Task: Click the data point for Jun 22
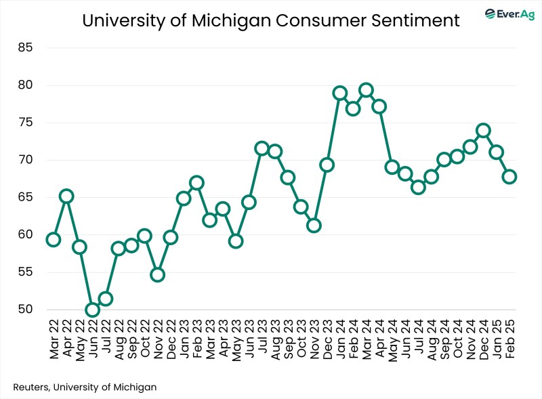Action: tap(92, 310)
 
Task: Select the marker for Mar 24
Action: tap(366, 90)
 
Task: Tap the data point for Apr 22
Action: tap(66, 196)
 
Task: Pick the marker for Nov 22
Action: tap(157, 274)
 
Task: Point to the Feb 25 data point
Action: tap(509, 177)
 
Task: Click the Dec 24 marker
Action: tap(483, 130)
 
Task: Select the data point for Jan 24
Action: tap(340, 93)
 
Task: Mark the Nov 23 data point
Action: tap(314, 226)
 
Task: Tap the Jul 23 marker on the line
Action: tap(262, 148)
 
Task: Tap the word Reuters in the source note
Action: tap(32, 387)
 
